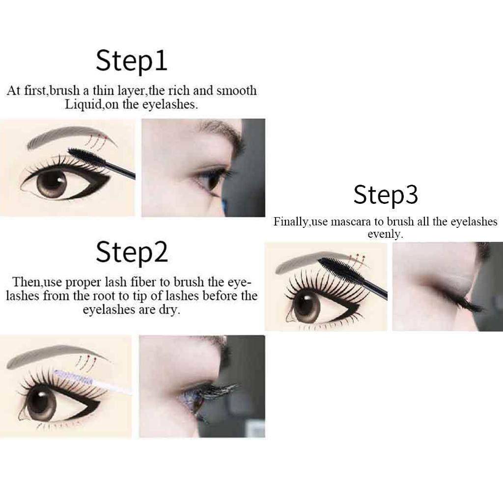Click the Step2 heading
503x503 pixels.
[132, 252]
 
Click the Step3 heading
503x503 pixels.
[385, 195]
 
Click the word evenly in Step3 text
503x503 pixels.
[385, 234]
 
